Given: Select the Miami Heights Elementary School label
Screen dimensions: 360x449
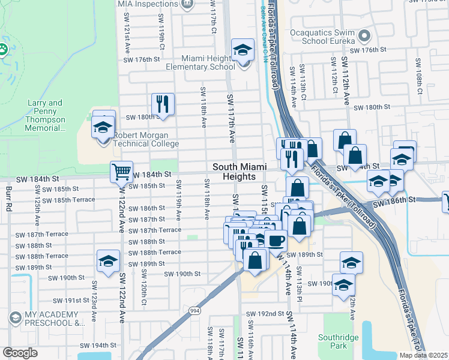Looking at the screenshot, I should pos(209,62).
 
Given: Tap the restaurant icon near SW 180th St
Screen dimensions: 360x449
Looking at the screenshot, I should pos(163,104).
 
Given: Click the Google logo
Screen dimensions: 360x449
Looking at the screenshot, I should pos(20,353).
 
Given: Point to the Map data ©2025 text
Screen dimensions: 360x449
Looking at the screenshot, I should pos(424,355).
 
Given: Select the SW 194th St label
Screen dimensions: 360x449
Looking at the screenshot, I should pos(96,346).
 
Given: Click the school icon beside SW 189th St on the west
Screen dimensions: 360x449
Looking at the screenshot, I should pos(108,261).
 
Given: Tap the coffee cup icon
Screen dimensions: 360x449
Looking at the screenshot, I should pos(276,241).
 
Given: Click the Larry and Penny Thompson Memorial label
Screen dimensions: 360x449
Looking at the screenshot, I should pos(46,115).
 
